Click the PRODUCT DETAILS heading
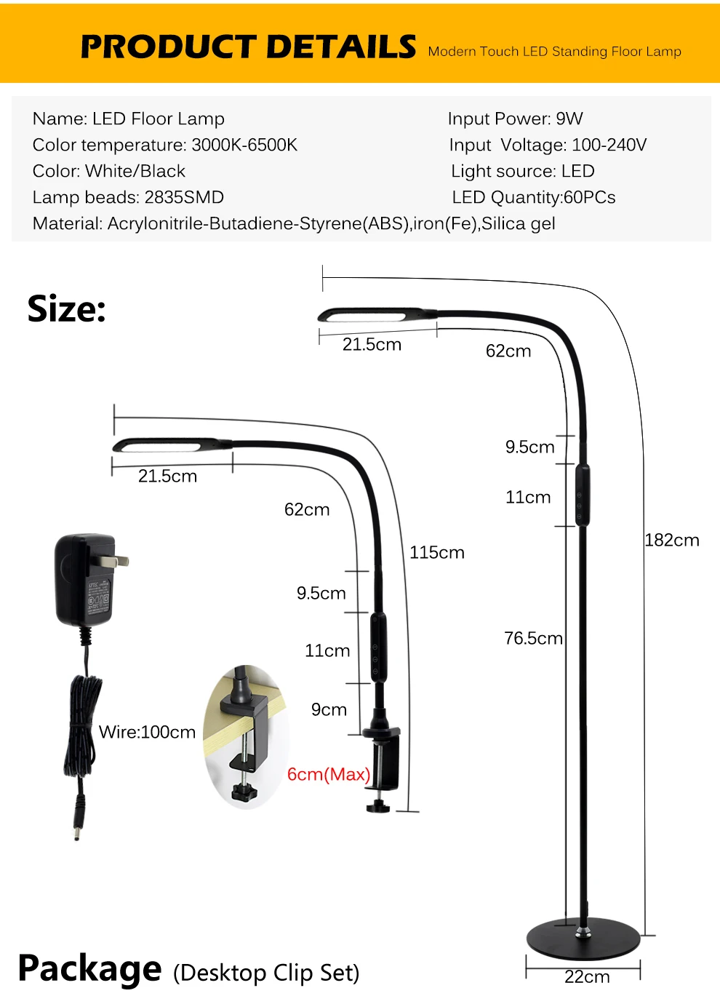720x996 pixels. (248, 47)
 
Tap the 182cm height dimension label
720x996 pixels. (671, 540)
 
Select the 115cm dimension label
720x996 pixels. (436, 552)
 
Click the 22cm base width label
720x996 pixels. (587, 977)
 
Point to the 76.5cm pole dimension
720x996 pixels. (533, 638)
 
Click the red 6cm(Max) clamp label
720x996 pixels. (329, 774)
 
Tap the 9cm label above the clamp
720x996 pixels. (329, 709)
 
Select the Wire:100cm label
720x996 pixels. (147, 732)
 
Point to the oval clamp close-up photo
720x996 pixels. (246, 736)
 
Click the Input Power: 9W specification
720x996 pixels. (515, 119)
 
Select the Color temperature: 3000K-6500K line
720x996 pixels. (165, 145)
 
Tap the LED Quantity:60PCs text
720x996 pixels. (533, 197)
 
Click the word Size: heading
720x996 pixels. (67, 309)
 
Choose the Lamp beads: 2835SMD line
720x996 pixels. (128, 197)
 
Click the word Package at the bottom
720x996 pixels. (89, 968)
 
